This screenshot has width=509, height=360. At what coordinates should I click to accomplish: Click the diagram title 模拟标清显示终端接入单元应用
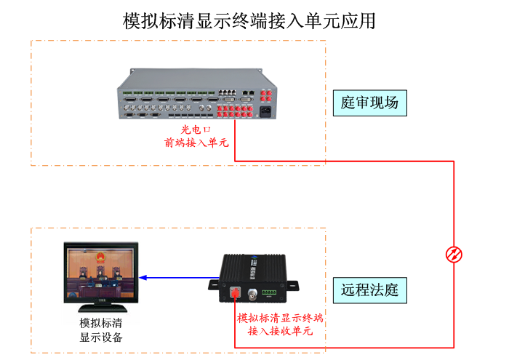(x=249, y=20)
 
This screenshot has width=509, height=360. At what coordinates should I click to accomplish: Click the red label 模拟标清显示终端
(x=280, y=318)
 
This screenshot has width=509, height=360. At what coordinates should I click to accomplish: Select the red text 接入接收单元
(x=280, y=332)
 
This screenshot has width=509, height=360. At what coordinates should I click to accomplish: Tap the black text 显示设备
(x=100, y=337)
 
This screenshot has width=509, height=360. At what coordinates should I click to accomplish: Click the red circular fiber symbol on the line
(x=454, y=255)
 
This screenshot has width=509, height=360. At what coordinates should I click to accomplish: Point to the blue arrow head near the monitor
(x=144, y=277)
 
